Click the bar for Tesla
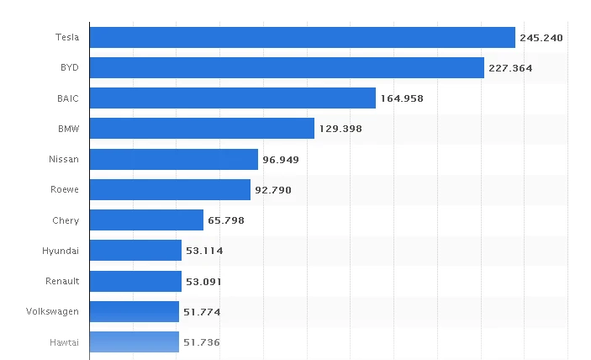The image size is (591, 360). click(x=302, y=38)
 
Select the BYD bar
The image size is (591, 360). click(x=287, y=68)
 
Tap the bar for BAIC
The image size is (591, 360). click(x=232, y=98)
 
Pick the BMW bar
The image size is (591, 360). click(x=202, y=129)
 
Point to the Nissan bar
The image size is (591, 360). click(x=173, y=160)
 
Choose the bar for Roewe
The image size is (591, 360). click(x=170, y=190)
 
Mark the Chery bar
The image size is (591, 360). click(x=146, y=220)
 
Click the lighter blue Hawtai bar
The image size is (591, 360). click(x=134, y=341)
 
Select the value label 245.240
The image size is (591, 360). click(x=541, y=38)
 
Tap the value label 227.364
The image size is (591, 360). click(x=510, y=68)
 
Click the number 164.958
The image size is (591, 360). click(x=402, y=98)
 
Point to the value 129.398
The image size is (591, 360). click(x=340, y=129)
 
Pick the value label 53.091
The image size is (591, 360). click(x=204, y=281)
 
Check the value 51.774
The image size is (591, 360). click(x=202, y=311)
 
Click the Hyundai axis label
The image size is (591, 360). click(x=61, y=251)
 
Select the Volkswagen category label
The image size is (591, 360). click(x=53, y=311)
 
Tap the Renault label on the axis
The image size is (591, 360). click(x=62, y=281)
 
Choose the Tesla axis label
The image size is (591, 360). click(x=67, y=38)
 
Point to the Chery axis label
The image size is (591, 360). click(x=66, y=220)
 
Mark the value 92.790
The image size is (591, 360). click(x=273, y=190)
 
